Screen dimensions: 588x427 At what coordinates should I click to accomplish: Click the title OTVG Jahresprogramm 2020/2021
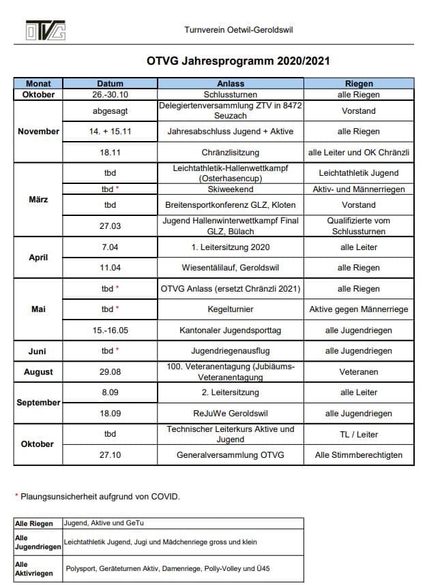click(x=238, y=61)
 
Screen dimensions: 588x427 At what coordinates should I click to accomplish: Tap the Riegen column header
click(x=359, y=84)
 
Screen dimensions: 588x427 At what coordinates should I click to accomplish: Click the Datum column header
click(x=110, y=84)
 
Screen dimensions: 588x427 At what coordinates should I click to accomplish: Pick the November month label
click(x=38, y=131)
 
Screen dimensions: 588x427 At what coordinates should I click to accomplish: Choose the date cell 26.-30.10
click(x=110, y=95)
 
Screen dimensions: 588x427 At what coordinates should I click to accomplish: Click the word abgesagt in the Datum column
click(x=110, y=110)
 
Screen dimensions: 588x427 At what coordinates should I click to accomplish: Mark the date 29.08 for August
click(x=110, y=372)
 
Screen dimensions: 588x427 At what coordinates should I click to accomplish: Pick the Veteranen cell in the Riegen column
click(x=359, y=372)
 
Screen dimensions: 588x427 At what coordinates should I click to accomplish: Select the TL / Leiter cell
click(x=359, y=434)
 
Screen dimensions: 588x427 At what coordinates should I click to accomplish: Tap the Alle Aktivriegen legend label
click(x=33, y=569)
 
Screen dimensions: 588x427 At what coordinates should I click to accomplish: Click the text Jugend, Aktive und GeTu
click(x=104, y=523)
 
